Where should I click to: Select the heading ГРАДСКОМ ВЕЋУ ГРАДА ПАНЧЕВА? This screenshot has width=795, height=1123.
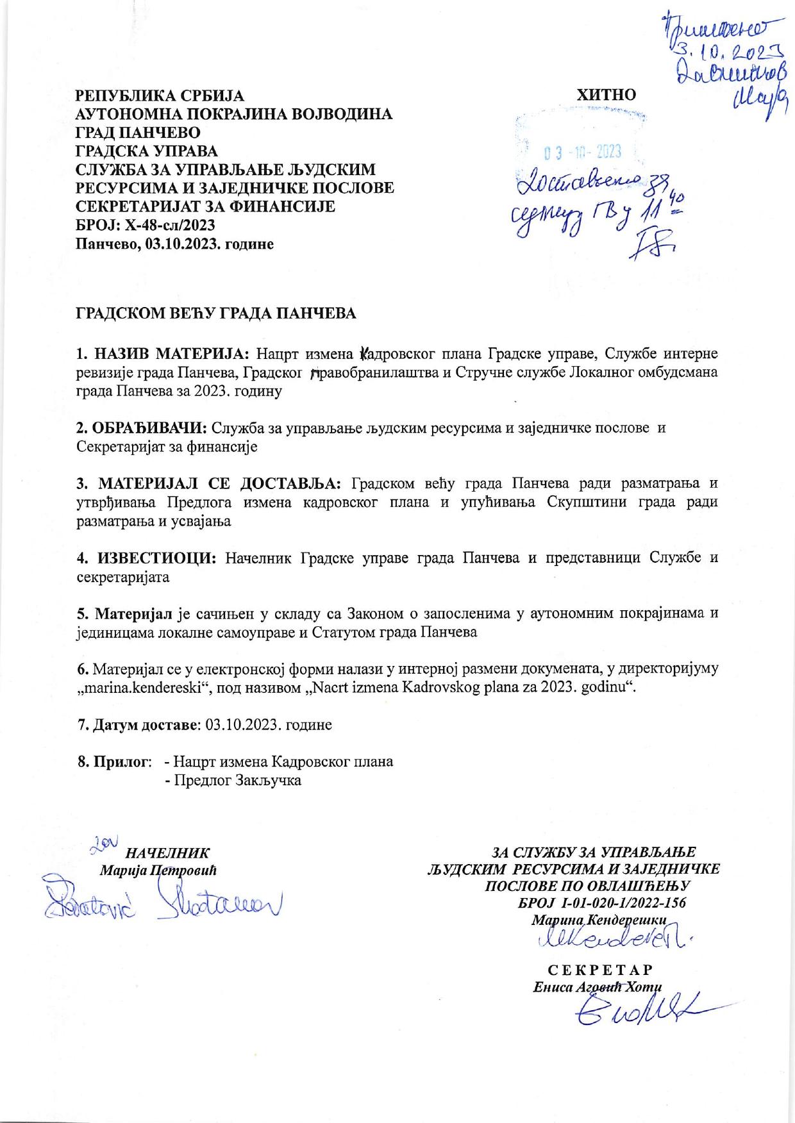pos(216,314)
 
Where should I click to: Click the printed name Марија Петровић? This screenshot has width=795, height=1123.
pos(158,870)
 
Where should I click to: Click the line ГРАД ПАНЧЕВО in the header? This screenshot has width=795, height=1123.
pos(138,133)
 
